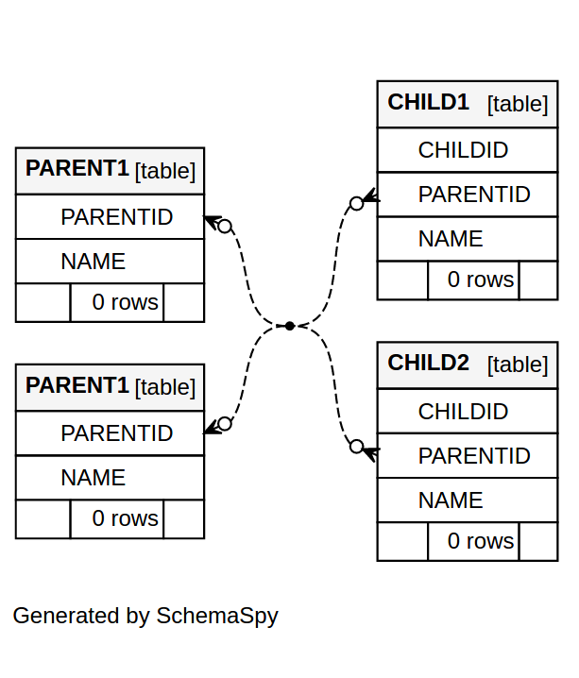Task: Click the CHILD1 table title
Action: (x=428, y=102)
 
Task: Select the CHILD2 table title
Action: (x=428, y=363)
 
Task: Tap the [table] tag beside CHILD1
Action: (x=518, y=104)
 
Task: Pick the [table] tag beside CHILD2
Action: (x=518, y=364)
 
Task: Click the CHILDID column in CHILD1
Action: (x=463, y=150)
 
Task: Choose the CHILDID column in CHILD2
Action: (x=463, y=412)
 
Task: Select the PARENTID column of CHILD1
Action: (x=473, y=195)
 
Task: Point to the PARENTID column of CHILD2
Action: (x=473, y=456)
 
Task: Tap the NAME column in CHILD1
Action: (x=450, y=239)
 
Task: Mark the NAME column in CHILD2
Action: (x=450, y=500)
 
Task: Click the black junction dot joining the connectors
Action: (x=290, y=326)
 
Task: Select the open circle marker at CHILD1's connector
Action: (x=356, y=203)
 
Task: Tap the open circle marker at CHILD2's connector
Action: (x=356, y=447)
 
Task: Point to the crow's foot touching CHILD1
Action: (x=371, y=197)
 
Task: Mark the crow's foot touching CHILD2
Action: (x=371, y=453)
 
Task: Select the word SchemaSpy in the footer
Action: (x=217, y=617)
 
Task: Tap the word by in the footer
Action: (x=138, y=617)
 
